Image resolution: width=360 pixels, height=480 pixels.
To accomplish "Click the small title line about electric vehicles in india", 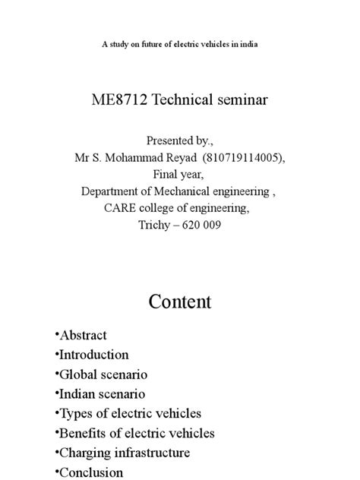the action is [x=180, y=45].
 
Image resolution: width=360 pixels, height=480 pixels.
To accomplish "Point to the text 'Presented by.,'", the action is [x=180, y=141].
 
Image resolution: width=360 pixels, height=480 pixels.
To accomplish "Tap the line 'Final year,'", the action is [x=180, y=174].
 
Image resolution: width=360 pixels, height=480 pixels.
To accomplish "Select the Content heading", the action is [x=180, y=302].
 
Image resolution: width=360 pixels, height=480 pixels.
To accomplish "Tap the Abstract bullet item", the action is [x=81, y=335].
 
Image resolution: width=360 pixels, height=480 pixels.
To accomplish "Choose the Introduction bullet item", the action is [x=92, y=355].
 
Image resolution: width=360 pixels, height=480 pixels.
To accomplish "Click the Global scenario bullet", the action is [x=101, y=374].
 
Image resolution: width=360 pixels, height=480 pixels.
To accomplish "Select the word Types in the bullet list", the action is [x=74, y=414].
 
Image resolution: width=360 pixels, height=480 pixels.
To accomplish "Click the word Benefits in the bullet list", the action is [x=81, y=434].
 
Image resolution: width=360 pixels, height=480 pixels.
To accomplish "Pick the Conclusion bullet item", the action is [x=89, y=472].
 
